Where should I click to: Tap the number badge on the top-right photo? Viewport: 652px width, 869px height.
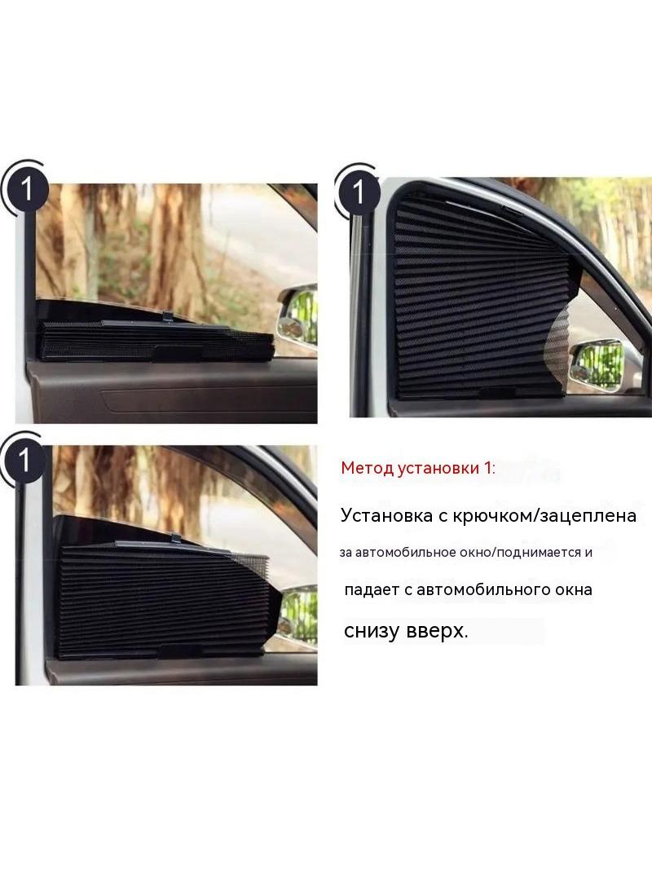(358, 192)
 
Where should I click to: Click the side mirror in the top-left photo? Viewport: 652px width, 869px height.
(297, 317)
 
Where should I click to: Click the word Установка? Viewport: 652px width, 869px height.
(386, 516)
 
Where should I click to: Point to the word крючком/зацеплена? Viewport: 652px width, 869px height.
(544, 517)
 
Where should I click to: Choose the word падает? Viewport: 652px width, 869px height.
(372, 589)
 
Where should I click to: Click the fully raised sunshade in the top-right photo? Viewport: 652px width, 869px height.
(482, 297)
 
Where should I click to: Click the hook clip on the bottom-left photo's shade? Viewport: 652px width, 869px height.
(175, 536)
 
